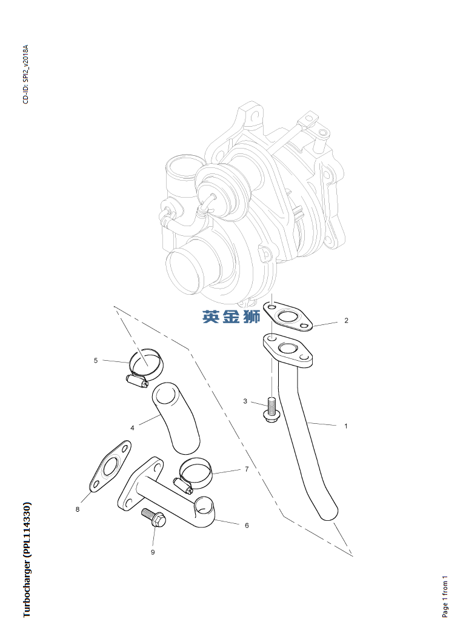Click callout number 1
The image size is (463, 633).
click(345, 426)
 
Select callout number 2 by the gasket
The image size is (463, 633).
click(346, 321)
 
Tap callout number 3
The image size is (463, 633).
click(245, 401)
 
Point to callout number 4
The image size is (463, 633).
click(132, 428)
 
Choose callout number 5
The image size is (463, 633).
click(96, 361)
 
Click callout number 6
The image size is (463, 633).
click(247, 525)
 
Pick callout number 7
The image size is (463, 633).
click(247, 469)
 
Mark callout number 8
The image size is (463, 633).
click(78, 509)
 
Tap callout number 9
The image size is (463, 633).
click(153, 552)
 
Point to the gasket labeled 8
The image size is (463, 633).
click(110, 467)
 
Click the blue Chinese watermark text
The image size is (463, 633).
click(232, 316)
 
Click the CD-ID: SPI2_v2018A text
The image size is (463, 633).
click(25, 75)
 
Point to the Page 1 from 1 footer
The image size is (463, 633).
click(445, 596)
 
